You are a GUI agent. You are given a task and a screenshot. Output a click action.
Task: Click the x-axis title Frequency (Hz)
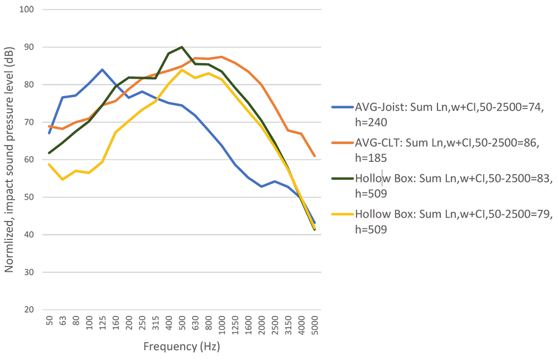182,347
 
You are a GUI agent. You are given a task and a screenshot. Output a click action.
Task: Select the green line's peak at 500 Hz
181,47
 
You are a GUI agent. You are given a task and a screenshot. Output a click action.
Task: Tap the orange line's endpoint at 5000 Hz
315,157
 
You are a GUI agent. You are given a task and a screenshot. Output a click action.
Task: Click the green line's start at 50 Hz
49,153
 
